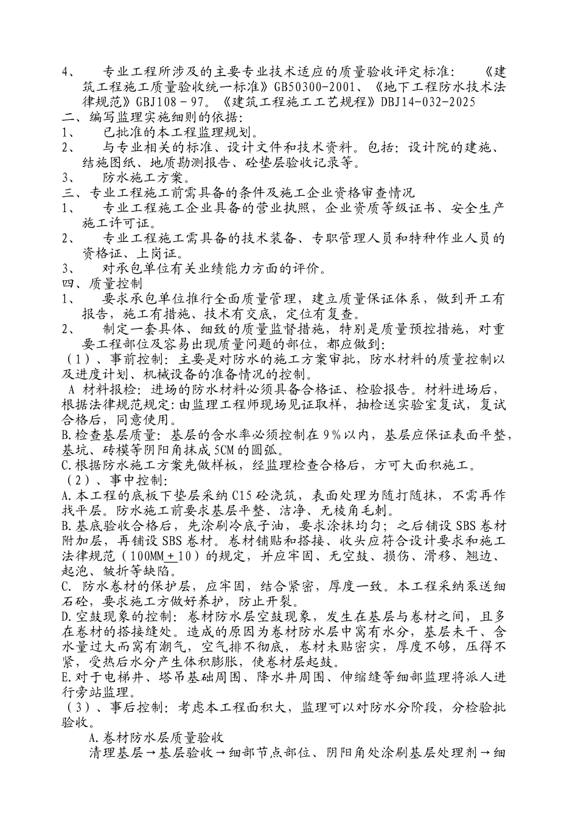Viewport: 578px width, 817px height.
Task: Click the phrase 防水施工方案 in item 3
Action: (x=142, y=177)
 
